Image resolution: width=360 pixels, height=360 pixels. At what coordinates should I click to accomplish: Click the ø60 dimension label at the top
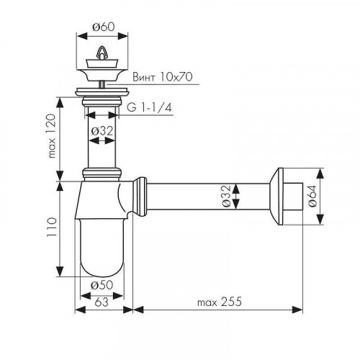103,27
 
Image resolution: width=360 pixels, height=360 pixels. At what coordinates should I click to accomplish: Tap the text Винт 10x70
163,77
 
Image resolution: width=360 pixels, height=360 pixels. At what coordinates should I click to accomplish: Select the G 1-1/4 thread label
149,108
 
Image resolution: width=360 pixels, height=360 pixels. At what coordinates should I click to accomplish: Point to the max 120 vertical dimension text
52,136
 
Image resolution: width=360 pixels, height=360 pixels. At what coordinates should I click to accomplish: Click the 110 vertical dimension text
52,228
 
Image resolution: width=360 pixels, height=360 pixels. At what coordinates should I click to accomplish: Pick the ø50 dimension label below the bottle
102,285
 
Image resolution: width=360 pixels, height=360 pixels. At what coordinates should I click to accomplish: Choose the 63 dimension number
102,302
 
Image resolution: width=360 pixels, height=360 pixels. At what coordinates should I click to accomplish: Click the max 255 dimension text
220,302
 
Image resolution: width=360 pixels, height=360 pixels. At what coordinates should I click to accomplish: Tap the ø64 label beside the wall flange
312,196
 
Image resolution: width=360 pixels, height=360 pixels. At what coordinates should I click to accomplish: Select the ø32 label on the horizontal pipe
226,196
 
